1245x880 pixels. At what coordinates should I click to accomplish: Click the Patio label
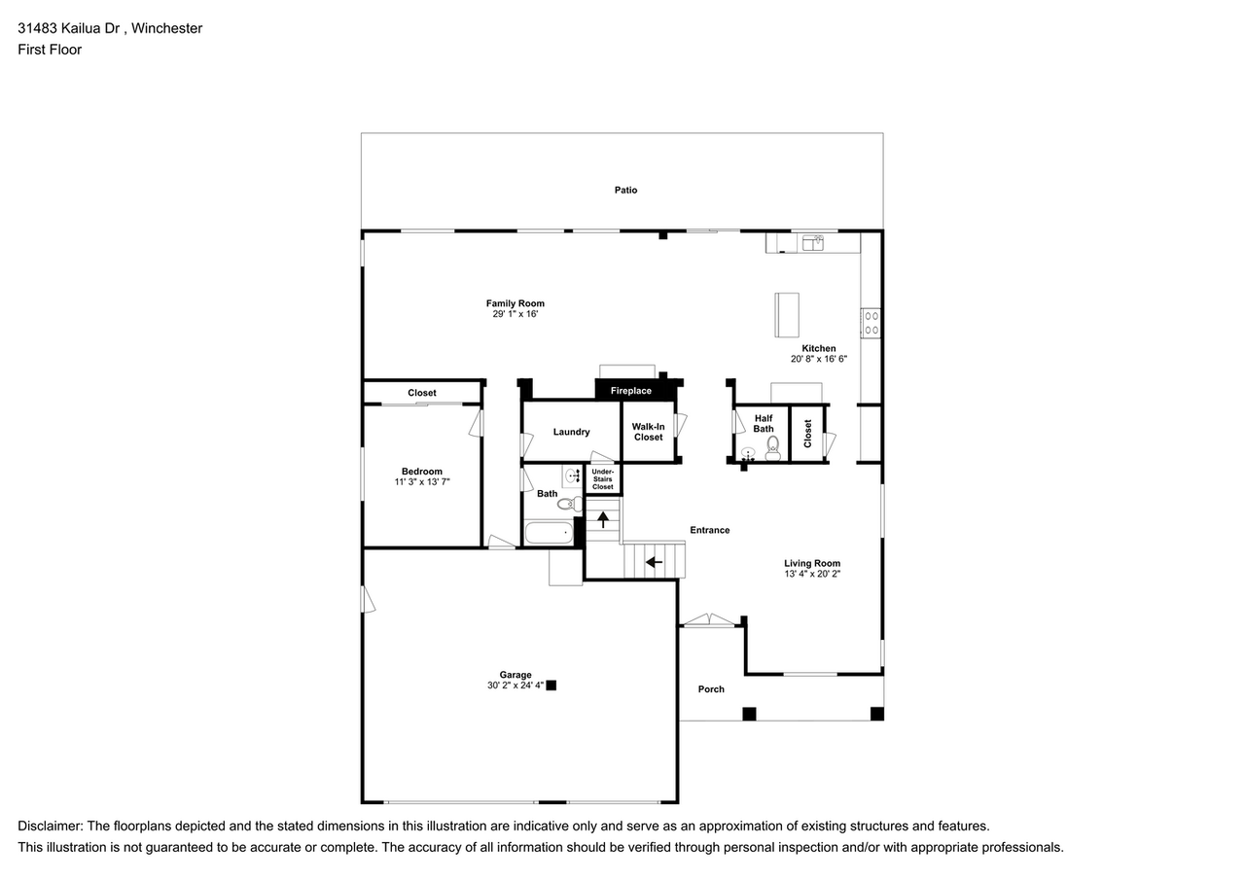pyautogui.click(x=625, y=190)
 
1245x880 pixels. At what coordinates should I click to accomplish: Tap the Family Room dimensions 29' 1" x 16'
pyautogui.click(x=516, y=315)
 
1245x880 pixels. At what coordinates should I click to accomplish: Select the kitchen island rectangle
pyautogui.click(x=786, y=314)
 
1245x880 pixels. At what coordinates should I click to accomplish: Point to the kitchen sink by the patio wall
pyautogui.click(x=813, y=241)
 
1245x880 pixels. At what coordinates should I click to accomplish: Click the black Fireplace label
pyautogui.click(x=631, y=391)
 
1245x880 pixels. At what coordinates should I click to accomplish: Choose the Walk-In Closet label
pyautogui.click(x=648, y=432)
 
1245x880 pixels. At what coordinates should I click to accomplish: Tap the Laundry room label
pyautogui.click(x=571, y=432)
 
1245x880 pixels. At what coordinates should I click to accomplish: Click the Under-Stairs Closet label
pyautogui.click(x=603, y=479)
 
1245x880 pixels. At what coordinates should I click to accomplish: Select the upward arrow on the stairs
pyautogui.click(x=603, y=519)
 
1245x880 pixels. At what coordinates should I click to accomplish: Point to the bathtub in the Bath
pyautogui.click(x=549, y=533)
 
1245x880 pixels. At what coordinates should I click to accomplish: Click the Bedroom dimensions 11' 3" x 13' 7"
pyautogui.click(x=422, y=482)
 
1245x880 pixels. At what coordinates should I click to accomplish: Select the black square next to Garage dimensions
pyautogui.click(x=551, y=686)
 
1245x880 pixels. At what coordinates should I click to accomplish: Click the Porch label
pyautogui.click(x=711, y=689)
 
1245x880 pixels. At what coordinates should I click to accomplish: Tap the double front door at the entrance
pyautogui.click(x=709, y=620)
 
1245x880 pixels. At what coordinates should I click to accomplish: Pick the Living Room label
pyautogui.click(x=812, y=563)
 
